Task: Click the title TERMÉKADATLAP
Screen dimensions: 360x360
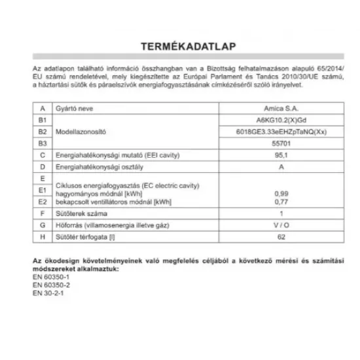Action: pyautogui.click(x=179, y=47)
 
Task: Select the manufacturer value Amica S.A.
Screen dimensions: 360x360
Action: pyautogui.click(x=281, y=109)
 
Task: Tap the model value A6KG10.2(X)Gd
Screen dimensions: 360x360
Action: pyautogui.click(x=281, y=120)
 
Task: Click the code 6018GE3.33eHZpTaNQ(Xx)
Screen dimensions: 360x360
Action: pyautogui.click(x=281, y=132)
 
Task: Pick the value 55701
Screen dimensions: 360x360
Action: pyautogui.click(x=281, y=143)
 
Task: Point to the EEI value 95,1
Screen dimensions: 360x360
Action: pyautogui.click(x=281, y=155)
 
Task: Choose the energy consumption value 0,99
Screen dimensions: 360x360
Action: pyautogui.click(x=281, y=194)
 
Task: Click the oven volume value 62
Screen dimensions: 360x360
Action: pyautogui.click(x=281, y=237)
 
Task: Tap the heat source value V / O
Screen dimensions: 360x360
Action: pyautogui.click(x=281, y=225)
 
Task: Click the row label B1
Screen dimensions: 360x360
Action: pyautogui.click(x=43, y=120)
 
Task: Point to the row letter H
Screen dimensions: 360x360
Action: pyautogui.click(x=43, y=237)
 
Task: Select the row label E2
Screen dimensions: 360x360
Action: pyautogui.click(x=43, y=202)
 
